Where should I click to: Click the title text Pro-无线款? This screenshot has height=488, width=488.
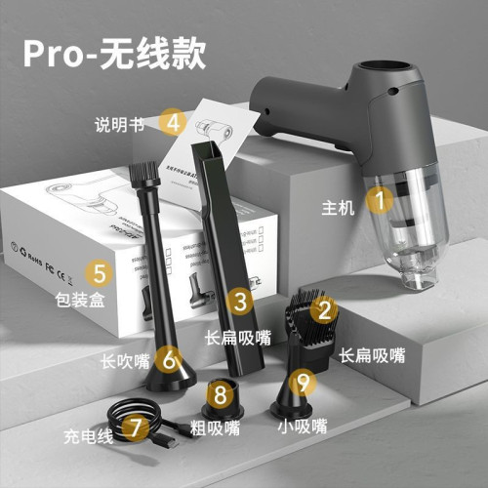tap(114, 55)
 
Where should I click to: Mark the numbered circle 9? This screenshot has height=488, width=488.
tap(305, 381)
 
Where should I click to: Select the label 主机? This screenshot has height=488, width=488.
tap(337, 206)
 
